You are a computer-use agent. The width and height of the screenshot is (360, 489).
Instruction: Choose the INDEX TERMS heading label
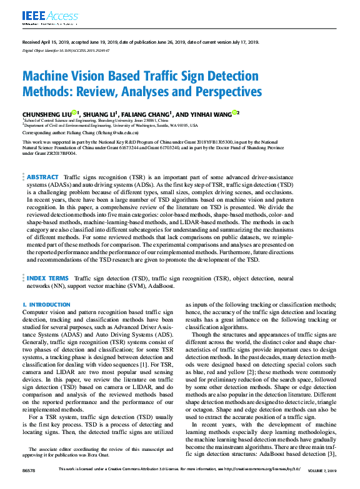(x=47, y=278)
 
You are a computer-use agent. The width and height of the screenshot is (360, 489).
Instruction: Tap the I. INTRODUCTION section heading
(x=46, y=305)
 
